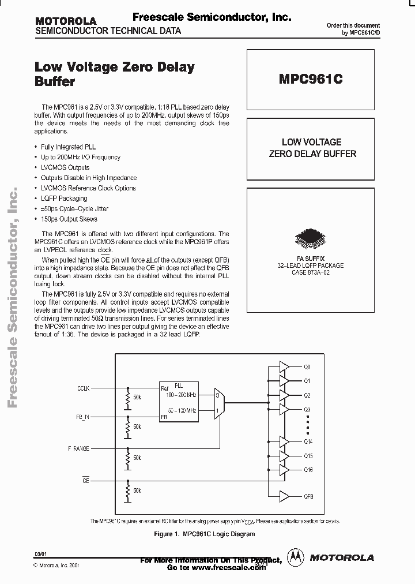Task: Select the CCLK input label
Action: coord(83,388)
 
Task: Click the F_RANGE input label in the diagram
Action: coord(80,448)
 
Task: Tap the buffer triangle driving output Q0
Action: coord(285,367)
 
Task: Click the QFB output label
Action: coord(308,496)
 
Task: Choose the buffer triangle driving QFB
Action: coord(285,496)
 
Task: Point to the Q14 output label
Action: coord(308,441)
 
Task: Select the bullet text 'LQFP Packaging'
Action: coord(64,199)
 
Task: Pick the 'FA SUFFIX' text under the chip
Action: coord(311,259)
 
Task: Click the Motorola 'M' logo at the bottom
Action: coord(296,557)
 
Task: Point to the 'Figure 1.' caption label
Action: coord(168,534)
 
